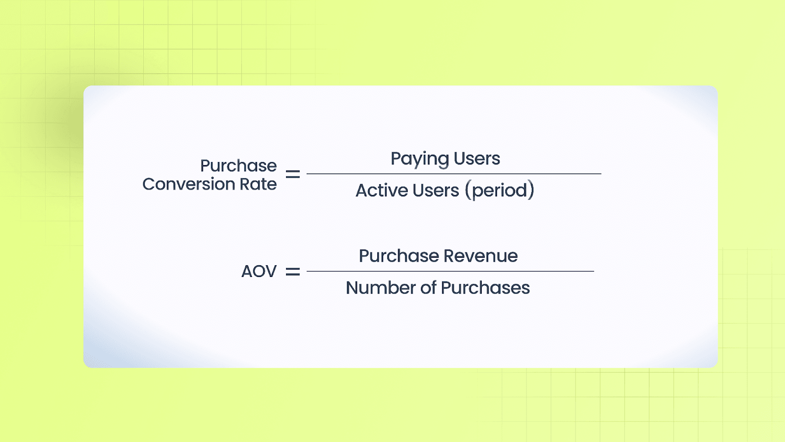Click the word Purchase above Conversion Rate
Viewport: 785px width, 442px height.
coord(238,166)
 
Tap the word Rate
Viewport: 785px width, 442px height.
coord(258,184)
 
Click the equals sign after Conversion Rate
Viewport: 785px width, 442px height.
coord(293,174)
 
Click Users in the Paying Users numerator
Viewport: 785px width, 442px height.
coord(477,159)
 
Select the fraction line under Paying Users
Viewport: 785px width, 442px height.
coord(454,174)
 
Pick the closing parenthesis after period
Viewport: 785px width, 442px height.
coord(531,191)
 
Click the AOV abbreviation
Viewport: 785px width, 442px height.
coord(259,272)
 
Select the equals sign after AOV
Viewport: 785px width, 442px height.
coord(293,272)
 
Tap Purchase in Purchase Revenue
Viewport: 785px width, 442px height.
coord(398,256)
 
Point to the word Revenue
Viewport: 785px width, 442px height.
coord(480,256)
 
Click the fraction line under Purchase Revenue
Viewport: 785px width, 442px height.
coord(450,271)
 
